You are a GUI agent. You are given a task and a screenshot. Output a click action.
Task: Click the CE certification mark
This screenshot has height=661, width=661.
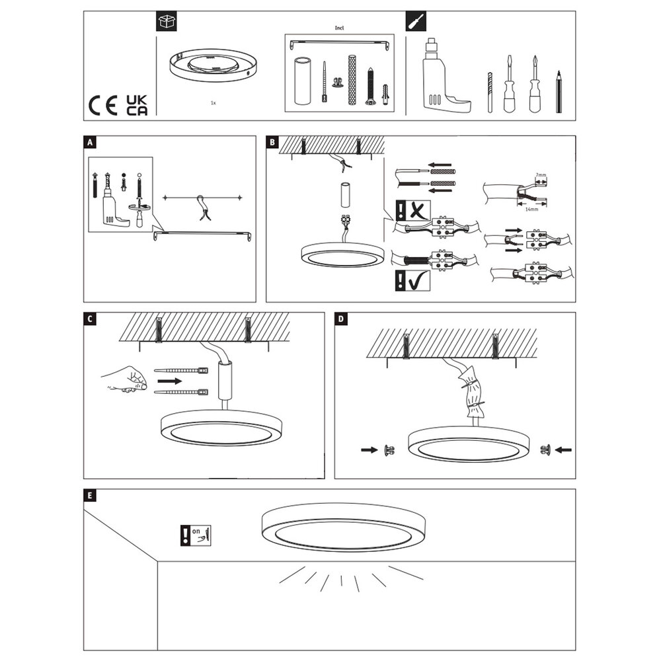103,105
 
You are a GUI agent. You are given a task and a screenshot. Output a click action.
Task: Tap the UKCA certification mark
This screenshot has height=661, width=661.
137,105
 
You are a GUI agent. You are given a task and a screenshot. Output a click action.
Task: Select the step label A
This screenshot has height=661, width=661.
90,141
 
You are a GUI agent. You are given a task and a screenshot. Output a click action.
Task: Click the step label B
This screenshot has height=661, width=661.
272,141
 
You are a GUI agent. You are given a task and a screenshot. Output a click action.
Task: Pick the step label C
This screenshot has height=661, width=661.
90,318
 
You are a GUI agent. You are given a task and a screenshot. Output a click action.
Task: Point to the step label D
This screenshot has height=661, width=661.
341,318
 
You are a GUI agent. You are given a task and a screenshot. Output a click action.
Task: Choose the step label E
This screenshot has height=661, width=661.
90,494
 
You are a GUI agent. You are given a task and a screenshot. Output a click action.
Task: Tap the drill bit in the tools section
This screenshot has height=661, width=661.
490,93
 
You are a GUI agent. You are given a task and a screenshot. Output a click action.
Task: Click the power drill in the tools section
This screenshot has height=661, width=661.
443,76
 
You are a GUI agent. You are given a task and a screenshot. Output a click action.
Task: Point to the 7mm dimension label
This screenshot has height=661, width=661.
541,175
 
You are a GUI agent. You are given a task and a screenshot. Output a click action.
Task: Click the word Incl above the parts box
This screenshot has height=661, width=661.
341,29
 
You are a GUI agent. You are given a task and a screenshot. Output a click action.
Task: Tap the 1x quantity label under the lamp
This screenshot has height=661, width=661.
212,104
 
